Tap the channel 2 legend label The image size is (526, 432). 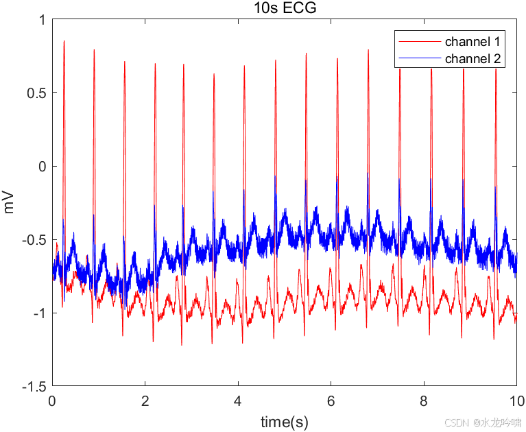473,59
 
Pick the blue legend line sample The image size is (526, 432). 419,59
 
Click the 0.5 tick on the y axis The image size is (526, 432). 38,93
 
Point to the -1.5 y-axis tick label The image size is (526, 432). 34,387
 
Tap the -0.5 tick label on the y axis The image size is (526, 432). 34,240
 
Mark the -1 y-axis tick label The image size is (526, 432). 38,313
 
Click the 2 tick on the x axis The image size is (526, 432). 145,401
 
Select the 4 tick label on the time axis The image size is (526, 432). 238,401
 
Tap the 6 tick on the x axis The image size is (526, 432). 331,401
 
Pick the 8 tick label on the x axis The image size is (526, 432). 424,401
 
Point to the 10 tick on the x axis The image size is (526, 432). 515,401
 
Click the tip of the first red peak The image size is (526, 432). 64,41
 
